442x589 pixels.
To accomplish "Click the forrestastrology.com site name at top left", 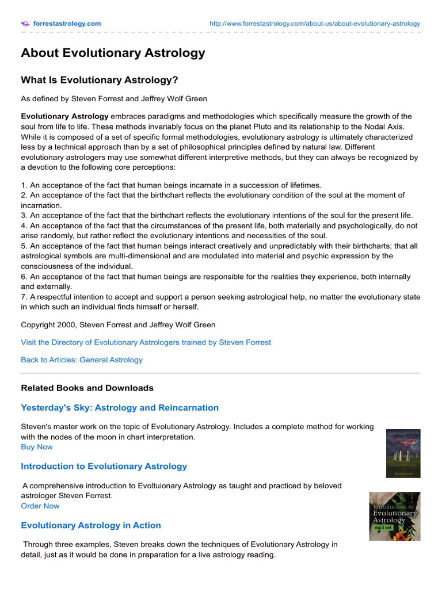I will (x=67, y=24).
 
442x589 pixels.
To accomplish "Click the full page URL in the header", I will (x=315, y=24).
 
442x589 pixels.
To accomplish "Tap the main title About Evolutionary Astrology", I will (x=113, y=53).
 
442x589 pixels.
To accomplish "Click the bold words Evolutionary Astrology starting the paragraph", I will (x=64, y=116).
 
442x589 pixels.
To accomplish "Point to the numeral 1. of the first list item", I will (x=24, y=185).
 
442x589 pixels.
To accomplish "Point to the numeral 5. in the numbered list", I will (x=24, y=246).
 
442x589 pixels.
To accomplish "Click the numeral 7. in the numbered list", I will (x=24, y=297).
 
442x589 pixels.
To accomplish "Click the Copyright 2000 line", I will (x=118, y=324).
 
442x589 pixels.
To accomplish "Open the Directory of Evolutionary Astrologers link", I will (x=146, y=342).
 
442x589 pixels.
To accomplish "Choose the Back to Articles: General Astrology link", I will (x=82, y=360).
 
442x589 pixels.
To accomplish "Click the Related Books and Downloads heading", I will (x=87, y=388).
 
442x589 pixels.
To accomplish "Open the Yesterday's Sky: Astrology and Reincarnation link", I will (x=120, y=408).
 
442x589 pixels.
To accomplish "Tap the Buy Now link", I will (x=37, y=447).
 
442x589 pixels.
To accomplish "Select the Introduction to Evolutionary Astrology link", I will (x=104, y=466).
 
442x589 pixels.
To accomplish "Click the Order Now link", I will (x=40, y=506).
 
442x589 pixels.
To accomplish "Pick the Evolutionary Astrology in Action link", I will (x=91, y=526).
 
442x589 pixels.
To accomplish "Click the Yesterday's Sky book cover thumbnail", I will (x=403, y=453).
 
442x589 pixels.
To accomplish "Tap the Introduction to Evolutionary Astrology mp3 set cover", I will (x=395, y=516).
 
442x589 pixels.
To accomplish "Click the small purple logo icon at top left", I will (x=25, y=24).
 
